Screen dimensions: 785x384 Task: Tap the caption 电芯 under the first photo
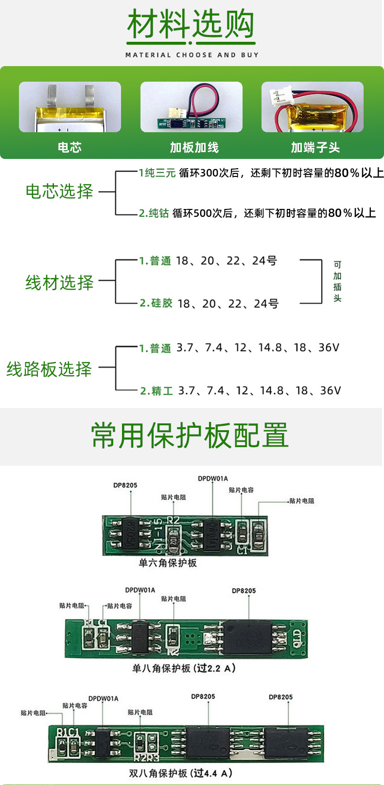pos(70,148)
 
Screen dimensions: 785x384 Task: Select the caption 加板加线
pos(194,148)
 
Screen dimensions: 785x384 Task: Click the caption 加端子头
pos(315,148)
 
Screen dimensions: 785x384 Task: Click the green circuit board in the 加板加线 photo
pos(192,123)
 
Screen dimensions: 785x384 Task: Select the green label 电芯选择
pos(59,191)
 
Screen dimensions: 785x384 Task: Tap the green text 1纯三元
pos(157,173)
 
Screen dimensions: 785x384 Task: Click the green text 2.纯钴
pos(154,213)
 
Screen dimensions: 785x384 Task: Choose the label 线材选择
pos(59,282)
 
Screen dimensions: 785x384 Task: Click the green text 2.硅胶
pos(156,303)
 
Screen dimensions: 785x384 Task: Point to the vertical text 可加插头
pos(337,281)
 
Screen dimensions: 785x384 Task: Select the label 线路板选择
pos(49,369)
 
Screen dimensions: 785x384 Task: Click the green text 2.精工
pos(157,391)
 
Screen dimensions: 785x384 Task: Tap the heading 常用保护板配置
pos(190,435)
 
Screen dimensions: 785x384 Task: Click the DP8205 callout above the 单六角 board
pos(125,485)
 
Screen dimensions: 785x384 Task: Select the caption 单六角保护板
pos(168,563)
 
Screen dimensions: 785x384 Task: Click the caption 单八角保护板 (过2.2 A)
pos(184,668)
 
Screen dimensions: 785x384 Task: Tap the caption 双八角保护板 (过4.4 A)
pos(180,773)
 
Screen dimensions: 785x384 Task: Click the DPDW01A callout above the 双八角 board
pos(103,698)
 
